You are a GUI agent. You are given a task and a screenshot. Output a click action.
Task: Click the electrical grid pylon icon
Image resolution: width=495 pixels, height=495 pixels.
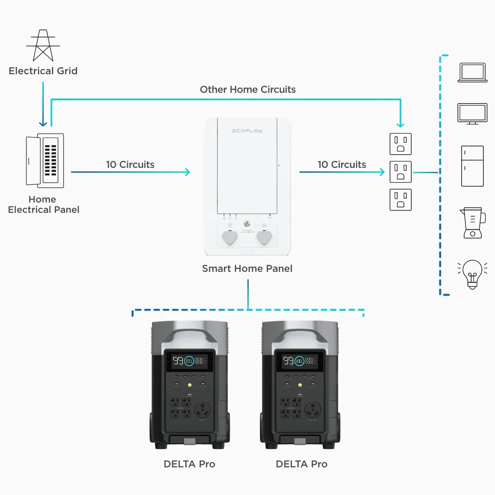coord(43,45)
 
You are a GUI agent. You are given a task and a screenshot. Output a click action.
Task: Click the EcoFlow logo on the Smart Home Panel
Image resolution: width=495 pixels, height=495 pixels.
coord(247,131)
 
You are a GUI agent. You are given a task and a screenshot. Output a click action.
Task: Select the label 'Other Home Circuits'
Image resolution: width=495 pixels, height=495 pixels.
coord(247,90)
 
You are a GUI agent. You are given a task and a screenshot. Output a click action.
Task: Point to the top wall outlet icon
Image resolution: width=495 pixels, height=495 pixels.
coord(401,144)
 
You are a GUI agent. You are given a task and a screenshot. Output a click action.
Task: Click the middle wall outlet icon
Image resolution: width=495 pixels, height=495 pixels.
coord(401,172)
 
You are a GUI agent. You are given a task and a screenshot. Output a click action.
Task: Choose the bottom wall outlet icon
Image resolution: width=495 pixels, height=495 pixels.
coord(401,200)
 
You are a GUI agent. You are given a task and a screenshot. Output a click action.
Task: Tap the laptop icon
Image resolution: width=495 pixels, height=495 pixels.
coord(472,73)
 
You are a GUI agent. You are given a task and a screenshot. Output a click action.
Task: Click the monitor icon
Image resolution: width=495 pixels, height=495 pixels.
coord(472,114)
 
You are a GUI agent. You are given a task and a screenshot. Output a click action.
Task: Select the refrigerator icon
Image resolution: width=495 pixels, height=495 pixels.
coord(472,166)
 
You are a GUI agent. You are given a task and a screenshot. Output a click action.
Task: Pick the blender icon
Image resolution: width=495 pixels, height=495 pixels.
coord(472,223)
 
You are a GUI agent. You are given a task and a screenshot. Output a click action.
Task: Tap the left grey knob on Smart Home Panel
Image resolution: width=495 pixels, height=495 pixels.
coord(230,238)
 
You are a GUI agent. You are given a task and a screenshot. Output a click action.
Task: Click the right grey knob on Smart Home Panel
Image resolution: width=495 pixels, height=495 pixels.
coord(264,238)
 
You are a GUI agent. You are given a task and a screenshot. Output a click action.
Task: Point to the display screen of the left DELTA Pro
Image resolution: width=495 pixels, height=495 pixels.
coord(189,361)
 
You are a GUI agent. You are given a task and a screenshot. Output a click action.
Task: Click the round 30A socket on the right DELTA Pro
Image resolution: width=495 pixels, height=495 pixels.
coord(313,410)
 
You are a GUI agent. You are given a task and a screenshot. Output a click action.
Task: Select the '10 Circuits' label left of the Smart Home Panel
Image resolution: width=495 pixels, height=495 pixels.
coord(130,165)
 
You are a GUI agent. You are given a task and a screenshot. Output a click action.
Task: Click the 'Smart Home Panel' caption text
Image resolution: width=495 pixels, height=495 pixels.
coord(247,269)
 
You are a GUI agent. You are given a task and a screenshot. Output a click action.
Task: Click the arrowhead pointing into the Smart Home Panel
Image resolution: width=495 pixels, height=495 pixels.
coord(188,172)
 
